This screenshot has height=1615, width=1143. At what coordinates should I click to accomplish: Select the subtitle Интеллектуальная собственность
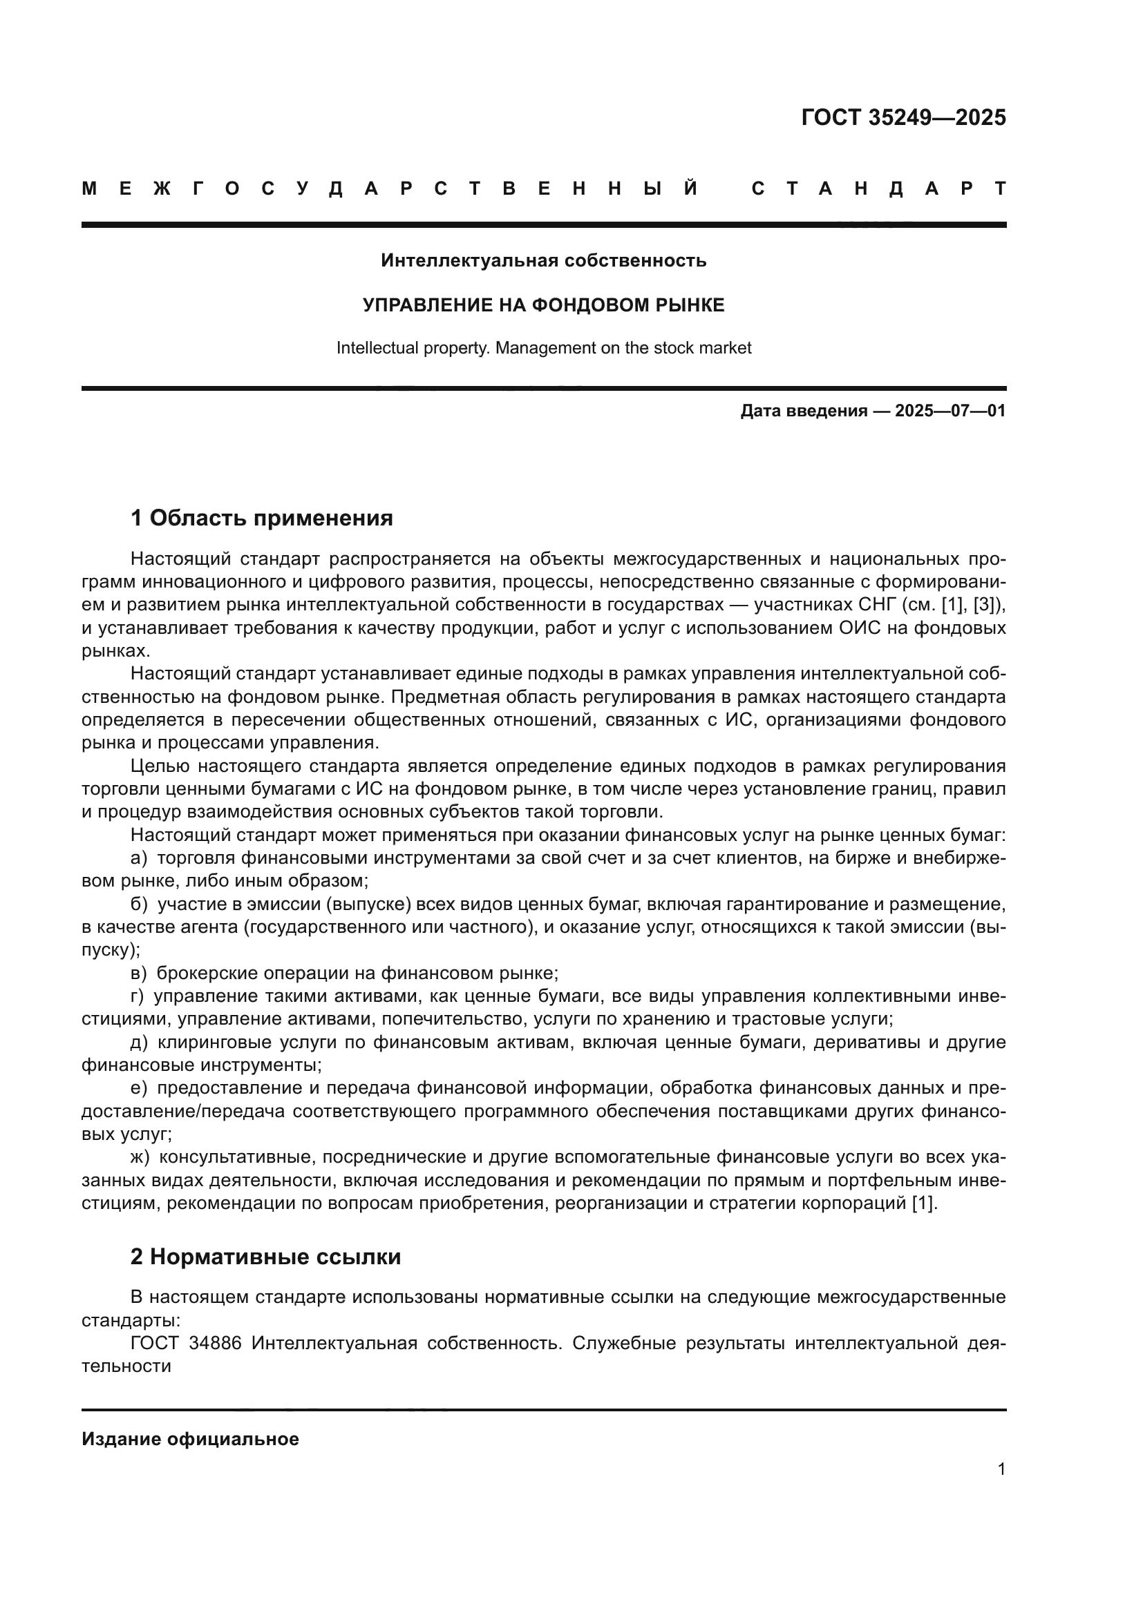tap(543, 260)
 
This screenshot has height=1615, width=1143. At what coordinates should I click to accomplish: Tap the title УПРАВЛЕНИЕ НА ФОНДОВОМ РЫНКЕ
tap(543, 304)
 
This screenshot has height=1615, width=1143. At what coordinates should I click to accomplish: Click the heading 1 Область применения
tap(261, 518)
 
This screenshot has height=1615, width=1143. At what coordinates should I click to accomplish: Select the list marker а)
tap(139, 858)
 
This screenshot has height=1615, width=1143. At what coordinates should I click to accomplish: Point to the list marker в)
tap(139, 974)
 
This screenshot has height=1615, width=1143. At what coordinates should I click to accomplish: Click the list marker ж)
tap(140, 1157)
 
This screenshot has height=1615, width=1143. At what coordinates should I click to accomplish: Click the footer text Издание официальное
tap(190, 1439)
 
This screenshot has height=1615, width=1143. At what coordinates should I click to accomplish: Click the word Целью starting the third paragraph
tap(158, 766)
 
